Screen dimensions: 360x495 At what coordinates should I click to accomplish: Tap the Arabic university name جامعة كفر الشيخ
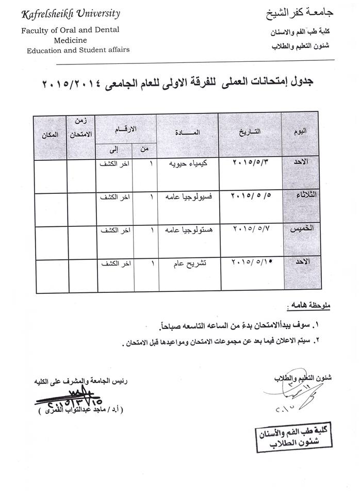298,12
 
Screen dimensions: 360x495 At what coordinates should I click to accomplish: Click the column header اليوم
299,131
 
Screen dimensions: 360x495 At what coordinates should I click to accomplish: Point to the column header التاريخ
250,131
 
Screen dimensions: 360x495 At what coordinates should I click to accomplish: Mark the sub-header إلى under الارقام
114,150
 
